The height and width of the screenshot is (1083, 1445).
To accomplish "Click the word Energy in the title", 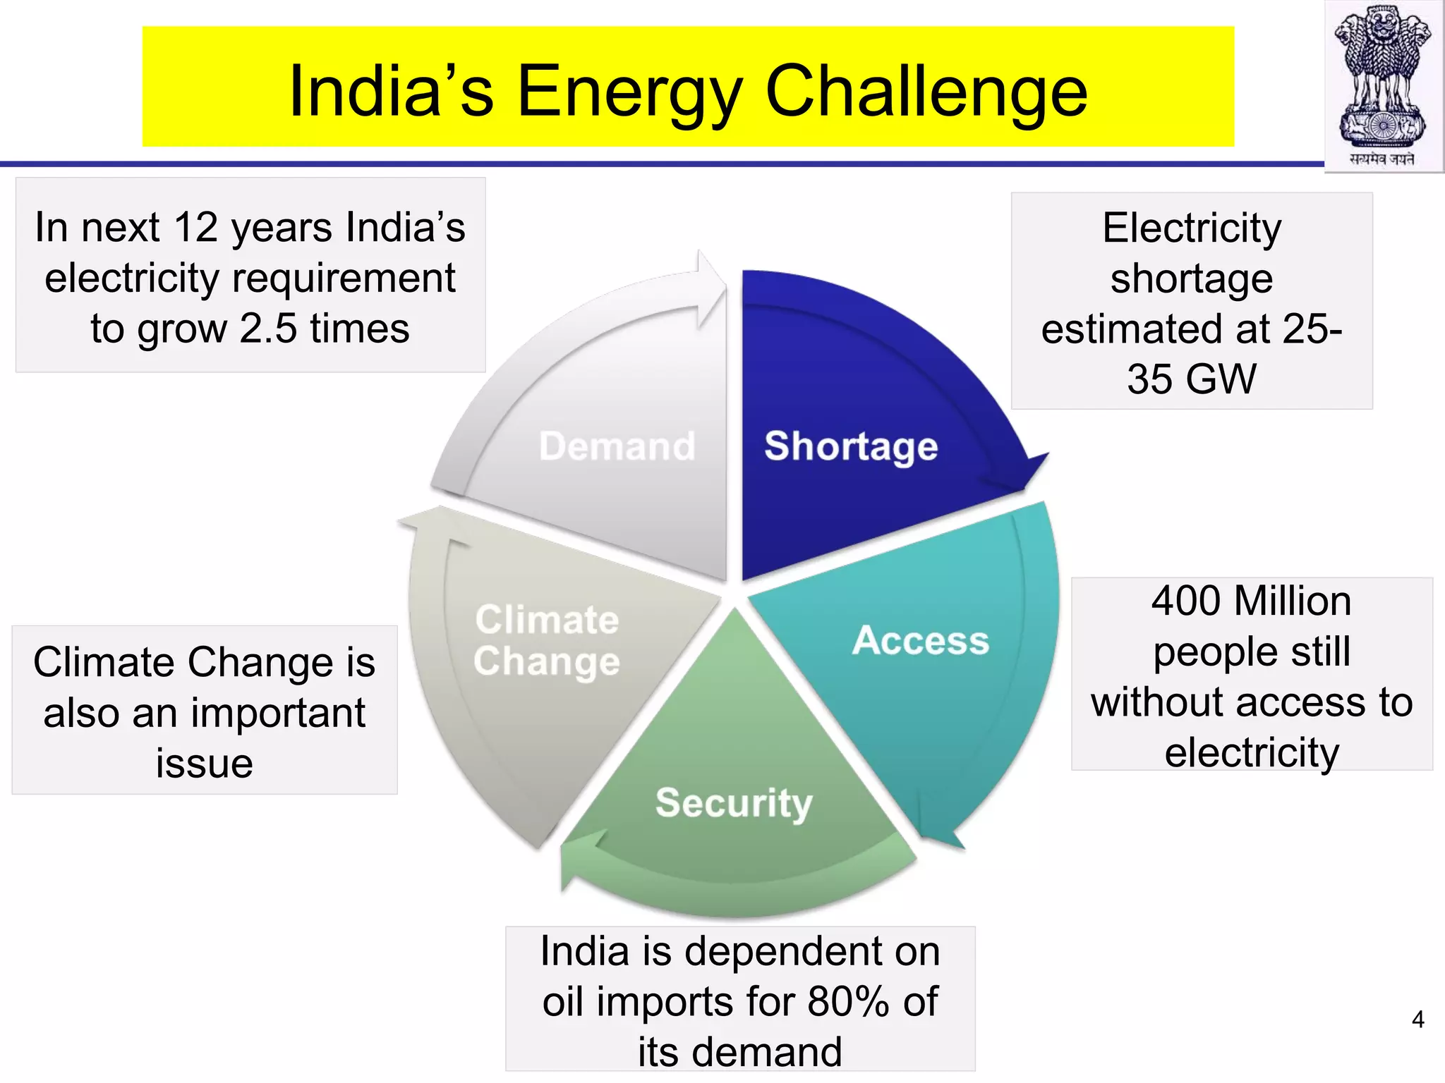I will pos(630,92).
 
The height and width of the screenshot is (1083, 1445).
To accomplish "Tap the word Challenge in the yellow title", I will pos(926,92).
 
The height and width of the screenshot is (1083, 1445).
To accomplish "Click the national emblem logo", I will pos(1383,85).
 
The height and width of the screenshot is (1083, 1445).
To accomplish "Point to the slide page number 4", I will pos(1417,1020).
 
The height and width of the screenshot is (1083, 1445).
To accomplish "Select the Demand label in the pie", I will pos(617,446).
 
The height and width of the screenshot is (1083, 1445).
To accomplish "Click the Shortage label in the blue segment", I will pos(851,446).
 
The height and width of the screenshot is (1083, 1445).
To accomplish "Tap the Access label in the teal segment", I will pos(920,640).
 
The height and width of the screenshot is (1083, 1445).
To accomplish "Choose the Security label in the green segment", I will pos(734,802).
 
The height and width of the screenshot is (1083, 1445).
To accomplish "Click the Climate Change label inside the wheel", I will pos(547,640).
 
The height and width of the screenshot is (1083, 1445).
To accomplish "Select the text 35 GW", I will pos(1192,379).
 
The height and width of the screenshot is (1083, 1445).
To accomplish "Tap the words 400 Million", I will pos(1251,601).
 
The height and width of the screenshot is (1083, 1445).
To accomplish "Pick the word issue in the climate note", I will pos(205,764).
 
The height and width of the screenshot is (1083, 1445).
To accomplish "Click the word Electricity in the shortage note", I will pos(1192,228).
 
